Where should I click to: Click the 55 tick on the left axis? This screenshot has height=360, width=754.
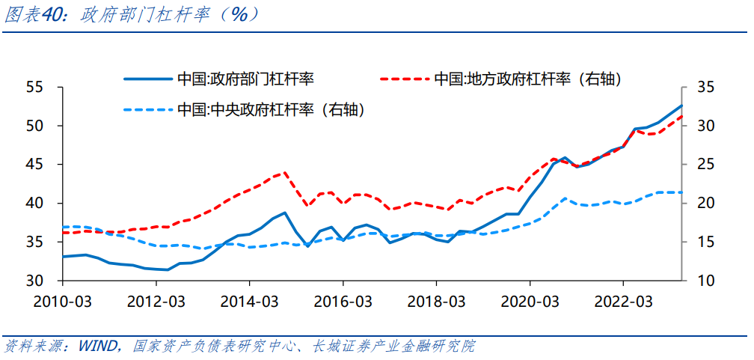point(43,88)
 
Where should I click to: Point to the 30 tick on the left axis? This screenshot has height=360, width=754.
point(43,281)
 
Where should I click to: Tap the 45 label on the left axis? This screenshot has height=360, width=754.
point(43,165)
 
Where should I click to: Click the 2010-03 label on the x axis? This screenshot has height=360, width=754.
point(63,302)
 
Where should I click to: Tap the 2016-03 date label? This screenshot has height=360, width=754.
point(343,302)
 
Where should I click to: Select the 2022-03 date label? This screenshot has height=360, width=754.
point(623,302)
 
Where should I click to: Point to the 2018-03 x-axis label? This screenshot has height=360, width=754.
point(436,302)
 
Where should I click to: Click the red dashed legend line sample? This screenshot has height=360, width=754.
point(404,79)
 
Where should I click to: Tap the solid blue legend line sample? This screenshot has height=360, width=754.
point(147,79)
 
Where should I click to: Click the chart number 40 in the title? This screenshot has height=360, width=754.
point(52,15)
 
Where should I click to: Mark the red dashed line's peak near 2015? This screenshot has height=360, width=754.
point(285,172)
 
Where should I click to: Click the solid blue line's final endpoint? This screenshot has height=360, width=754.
point(681,106)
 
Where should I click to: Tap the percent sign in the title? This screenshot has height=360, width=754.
point(238,15)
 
